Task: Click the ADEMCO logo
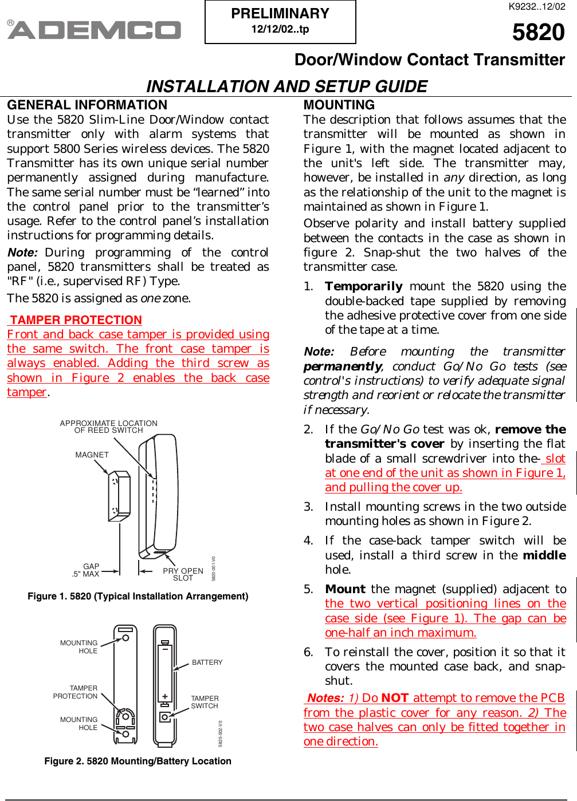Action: pyautogui.click(x=95, y=30)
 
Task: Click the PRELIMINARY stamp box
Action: pyautogui.click(x=280, y=22)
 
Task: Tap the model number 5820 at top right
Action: pyautogui.click(x=538, y=32)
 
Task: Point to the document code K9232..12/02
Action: pyautogui.click(x=536, y=7)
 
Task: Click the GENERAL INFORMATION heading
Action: pyautogui.click(x=87, y=105)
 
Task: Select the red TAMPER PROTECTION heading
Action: pyautogui.click(x=76, y=320)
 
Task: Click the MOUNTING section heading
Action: pyautogui.click(x=339, y=105)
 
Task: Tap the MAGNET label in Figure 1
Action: pyautogui.click(x=92, y=455)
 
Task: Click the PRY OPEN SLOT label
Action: pyautogui.click(x=183, y=574)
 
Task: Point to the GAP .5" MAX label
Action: pyautogui.click(x=86, y=570)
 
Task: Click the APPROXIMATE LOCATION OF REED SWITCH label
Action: pyautogui.click(x=108, y=427)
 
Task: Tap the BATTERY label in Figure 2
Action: pyautogui.click(x=207, y=662)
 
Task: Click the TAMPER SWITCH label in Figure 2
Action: pyautogui.click(x=205, y=702)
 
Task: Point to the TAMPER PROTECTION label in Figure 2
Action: pyautogui.click(x=76, y=692)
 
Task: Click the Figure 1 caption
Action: pyautogui.click(x=138, y=596)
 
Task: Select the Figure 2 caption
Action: pyautogui.click(x=138, y=761)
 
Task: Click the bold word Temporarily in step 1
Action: pyautogui.click(x=363, y=286)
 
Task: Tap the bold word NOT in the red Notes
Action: pyautogui.click(x=394, y=698)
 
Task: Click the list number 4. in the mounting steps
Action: pyautogui.click(x=308, y=540)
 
